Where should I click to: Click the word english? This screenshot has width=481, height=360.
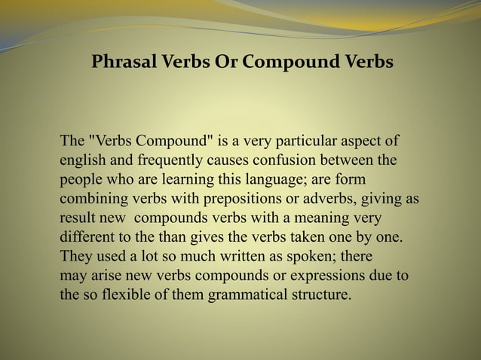pos(82,160)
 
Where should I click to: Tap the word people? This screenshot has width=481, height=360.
pos(81,180)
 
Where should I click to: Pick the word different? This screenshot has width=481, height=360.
pos(87,237)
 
